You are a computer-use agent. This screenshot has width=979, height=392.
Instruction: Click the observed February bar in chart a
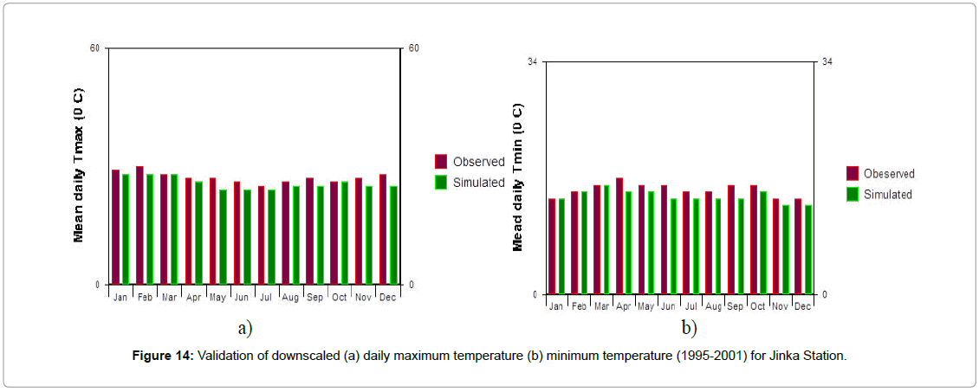139,225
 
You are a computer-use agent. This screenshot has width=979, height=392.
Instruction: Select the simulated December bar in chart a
393,235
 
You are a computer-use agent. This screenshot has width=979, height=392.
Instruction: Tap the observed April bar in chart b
619,235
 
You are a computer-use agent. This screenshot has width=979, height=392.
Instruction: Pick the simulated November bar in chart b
786,249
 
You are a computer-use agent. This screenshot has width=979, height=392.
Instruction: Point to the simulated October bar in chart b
763,242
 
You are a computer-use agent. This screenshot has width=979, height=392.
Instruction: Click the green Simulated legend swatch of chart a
441,183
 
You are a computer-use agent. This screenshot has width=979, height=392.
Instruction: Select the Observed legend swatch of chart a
441,162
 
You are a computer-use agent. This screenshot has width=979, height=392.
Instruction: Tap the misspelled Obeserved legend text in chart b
889,174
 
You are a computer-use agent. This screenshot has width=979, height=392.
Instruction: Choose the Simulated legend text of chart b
888,195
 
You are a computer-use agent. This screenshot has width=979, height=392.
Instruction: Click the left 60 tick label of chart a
94,48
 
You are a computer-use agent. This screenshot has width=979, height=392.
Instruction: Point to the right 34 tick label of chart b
828,61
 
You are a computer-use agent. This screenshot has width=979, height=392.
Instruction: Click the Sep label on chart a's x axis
314,298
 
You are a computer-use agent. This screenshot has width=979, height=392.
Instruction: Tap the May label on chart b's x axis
645,306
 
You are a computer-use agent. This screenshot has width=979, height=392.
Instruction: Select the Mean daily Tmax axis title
79,164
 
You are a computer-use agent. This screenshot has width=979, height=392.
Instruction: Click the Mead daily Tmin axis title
518,177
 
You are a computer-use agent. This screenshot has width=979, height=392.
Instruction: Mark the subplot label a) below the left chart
245,328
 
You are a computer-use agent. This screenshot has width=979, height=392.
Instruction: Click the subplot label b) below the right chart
689,328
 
